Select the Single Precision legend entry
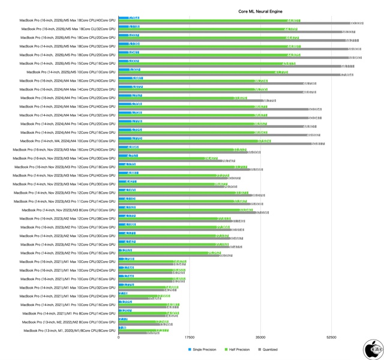pyautogui.click(x=203, y=349)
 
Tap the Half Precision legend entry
pyautogui.click(x=238, y=349)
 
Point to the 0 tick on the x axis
pyautogui.click(x=119, y=338)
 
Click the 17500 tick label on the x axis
pyautogui.click(x=190, y=338)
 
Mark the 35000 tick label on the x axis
pyautogui.click(x=260, y=338)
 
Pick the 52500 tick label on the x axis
pyautogui.click(x=331, y=338)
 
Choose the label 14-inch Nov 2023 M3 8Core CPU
pyautogui.click(x=68, y=210)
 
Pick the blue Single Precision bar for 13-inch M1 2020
pyautogui.click(x=122, y=328)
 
